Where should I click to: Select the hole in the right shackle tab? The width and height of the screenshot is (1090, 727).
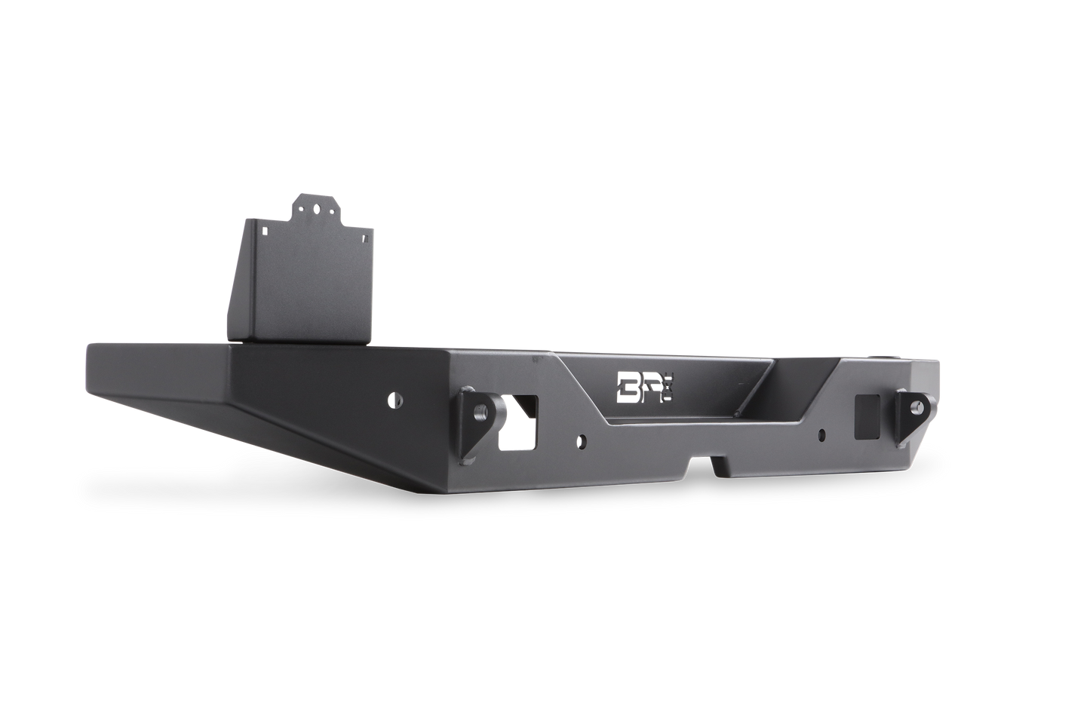915,406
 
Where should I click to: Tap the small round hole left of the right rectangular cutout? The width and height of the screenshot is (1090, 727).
823,434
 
